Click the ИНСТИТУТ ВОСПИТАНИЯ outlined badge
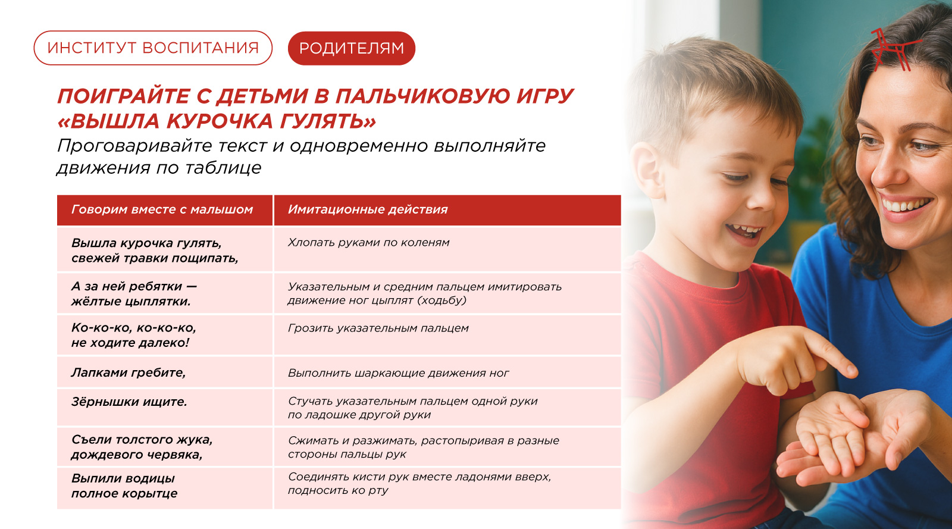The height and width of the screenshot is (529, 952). (x=153, y=48)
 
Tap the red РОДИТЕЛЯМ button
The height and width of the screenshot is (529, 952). (x=352, y=48)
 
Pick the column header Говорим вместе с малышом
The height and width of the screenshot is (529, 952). (x=162, y=209)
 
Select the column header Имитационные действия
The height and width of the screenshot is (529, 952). (x=368, y=209)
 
